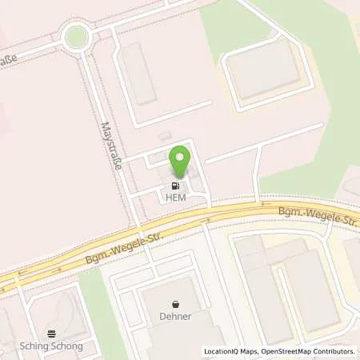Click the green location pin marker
(180, 161)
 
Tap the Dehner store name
(174, 315)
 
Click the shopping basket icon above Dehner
(174, 304)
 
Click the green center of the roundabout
(76, 36)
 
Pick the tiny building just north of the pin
(165, 135)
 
